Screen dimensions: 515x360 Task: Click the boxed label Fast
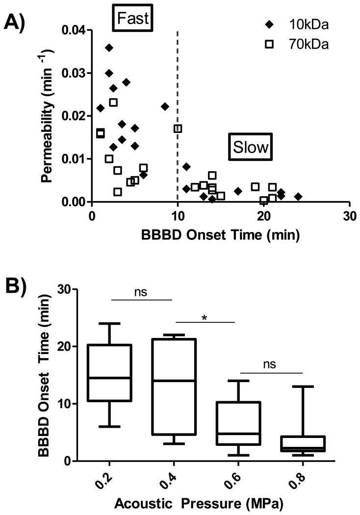pyautogui.click(x=133, y=18)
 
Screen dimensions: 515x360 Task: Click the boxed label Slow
pyautogui.click(x=250, y=146)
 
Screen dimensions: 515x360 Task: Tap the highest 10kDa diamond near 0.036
pyautogui.click(x=109, y=48)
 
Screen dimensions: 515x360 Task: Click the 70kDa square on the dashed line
pyautogui.click(x=178, y=129)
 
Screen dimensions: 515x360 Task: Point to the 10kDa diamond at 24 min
pyautogui.click(x=298, y=197)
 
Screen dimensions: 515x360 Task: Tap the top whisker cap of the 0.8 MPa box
pyautogui.click(x=302, y=386)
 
